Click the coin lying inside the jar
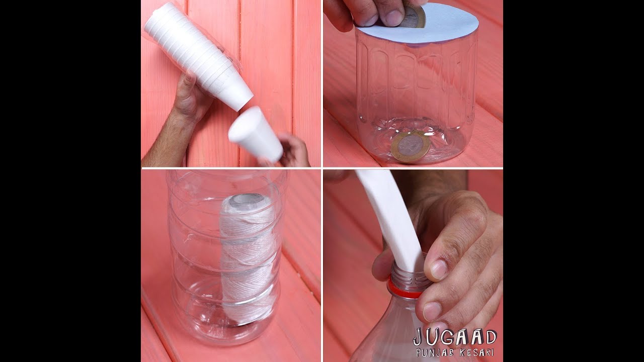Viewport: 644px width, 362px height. [x=411, y=146]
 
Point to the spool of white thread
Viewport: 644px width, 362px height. [x=247, y=258]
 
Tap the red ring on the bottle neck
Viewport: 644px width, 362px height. [x=406, y=288]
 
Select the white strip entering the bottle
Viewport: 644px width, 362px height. [x=391, y=218]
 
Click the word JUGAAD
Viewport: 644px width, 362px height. [x=455, y=337]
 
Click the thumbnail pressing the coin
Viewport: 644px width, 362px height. [x=394, y=18]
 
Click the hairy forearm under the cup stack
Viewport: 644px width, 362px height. [x=167, y=141]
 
